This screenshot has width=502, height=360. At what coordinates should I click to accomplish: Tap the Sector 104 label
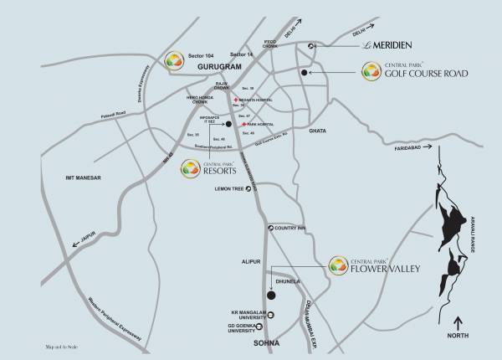tap(203, 53)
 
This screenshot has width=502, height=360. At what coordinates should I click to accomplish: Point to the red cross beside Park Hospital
tap(238, 124)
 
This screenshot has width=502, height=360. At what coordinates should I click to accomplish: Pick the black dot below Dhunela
tap(270, 295)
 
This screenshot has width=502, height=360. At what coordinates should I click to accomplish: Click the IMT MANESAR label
tap(95, 178)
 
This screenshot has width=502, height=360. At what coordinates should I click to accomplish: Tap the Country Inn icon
tap(269, 228)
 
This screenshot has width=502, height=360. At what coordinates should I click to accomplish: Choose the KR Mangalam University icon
tap(270, 314)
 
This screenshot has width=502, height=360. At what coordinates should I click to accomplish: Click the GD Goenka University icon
tap(270, 329)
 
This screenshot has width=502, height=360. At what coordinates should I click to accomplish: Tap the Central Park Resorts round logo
tap(192, 171)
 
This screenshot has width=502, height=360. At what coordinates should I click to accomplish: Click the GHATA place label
tap(318, 131)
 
